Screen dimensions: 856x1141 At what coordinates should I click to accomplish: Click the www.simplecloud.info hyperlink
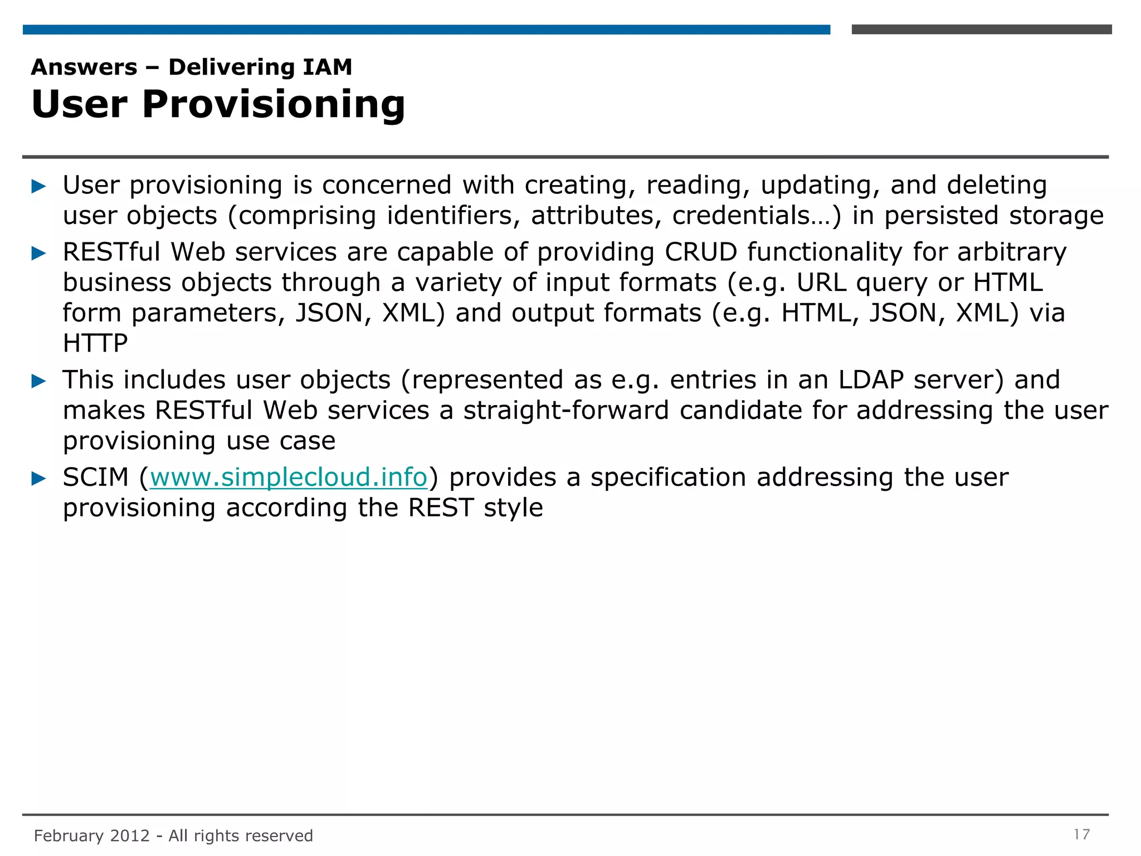[288, 478]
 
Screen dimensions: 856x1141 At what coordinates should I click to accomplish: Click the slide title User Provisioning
[218, 104]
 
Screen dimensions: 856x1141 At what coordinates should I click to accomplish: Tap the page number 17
[1081, 834]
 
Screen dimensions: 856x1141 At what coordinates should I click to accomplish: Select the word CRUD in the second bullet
[700, 252]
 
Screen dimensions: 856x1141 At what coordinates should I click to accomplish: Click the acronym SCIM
[95, 478]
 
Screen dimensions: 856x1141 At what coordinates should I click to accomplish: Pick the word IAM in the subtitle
[327, 67]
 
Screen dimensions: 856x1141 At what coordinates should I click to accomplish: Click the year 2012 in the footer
[130, 836]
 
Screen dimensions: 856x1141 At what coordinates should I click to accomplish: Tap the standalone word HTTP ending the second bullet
[95, 343]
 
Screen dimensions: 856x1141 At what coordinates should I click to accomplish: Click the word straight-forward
[565, 411]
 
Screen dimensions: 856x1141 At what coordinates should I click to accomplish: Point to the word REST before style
[441, 508]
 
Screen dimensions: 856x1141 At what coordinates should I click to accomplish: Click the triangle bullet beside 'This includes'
[38, 381]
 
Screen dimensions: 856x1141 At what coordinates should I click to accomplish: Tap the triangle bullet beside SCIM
[38, 479]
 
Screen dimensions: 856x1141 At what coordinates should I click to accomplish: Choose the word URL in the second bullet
[821, 283]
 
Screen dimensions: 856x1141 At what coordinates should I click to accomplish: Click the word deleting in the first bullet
[997, 186]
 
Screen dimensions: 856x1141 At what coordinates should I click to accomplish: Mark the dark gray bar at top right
[981, 30]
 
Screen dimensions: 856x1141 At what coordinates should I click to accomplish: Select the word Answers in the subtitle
[84, 67]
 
